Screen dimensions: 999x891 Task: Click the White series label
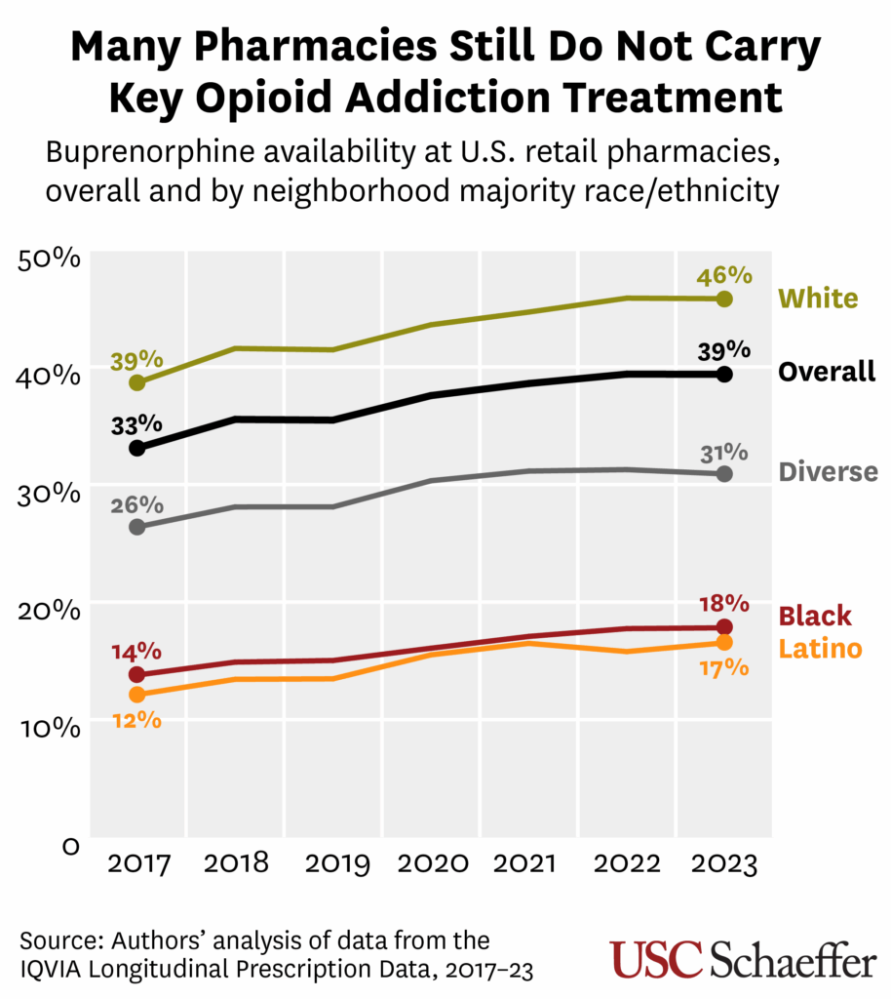(x=818, y=299)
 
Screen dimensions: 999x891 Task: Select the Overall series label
(x=827, y=372)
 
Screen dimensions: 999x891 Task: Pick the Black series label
(x=814, y=617)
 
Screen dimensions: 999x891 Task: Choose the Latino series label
(x=820, y=648)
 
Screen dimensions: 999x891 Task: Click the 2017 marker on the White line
(x=137, y=382)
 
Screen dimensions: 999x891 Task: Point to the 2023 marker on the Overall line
(x=723, y=374)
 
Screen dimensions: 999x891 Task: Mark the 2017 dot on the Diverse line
(x=137, y=527)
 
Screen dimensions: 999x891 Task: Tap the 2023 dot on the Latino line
(x=723, y=643)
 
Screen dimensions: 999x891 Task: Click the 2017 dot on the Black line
(x=137, y=674)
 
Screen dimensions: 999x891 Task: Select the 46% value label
(x=723, y=276)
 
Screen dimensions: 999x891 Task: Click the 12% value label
(x=136, y=720)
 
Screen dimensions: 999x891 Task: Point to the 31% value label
(x=723, y=453)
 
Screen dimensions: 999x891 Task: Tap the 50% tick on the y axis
(x=49, y=260)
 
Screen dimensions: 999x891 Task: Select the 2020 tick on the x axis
(x=430, y=865)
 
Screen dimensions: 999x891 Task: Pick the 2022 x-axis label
(x=626, y=865)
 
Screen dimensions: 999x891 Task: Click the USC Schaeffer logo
(x=743, y=958)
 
